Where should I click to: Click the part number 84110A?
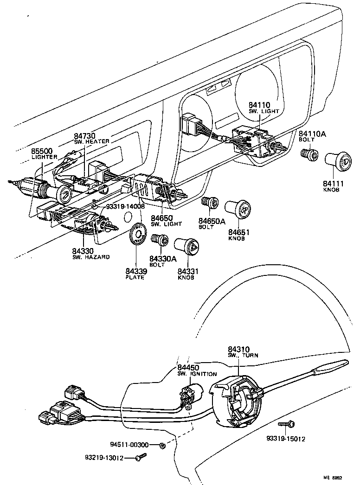point(313,134)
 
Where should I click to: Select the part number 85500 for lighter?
point(42,151)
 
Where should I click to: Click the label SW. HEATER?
point(91,141)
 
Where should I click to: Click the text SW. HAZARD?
point(91,257)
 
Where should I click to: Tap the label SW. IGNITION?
point(197,374)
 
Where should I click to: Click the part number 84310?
point(238,349)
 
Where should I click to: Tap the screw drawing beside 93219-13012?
point(139,458)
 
